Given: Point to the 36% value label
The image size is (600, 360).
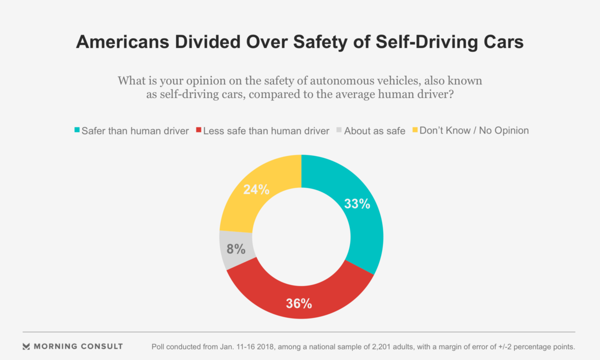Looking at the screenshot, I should tap(299, 303).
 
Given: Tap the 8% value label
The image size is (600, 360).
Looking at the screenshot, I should tap(235, 248).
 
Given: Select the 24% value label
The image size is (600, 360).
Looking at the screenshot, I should tap(256, 190).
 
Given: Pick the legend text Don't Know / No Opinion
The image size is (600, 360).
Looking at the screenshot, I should tap(474, 130).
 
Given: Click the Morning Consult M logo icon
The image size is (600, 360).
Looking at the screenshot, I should tap(26, 346).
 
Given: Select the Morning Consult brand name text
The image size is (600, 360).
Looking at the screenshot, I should tap(78, 346).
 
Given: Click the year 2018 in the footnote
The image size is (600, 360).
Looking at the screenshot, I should tap(253, 346).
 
